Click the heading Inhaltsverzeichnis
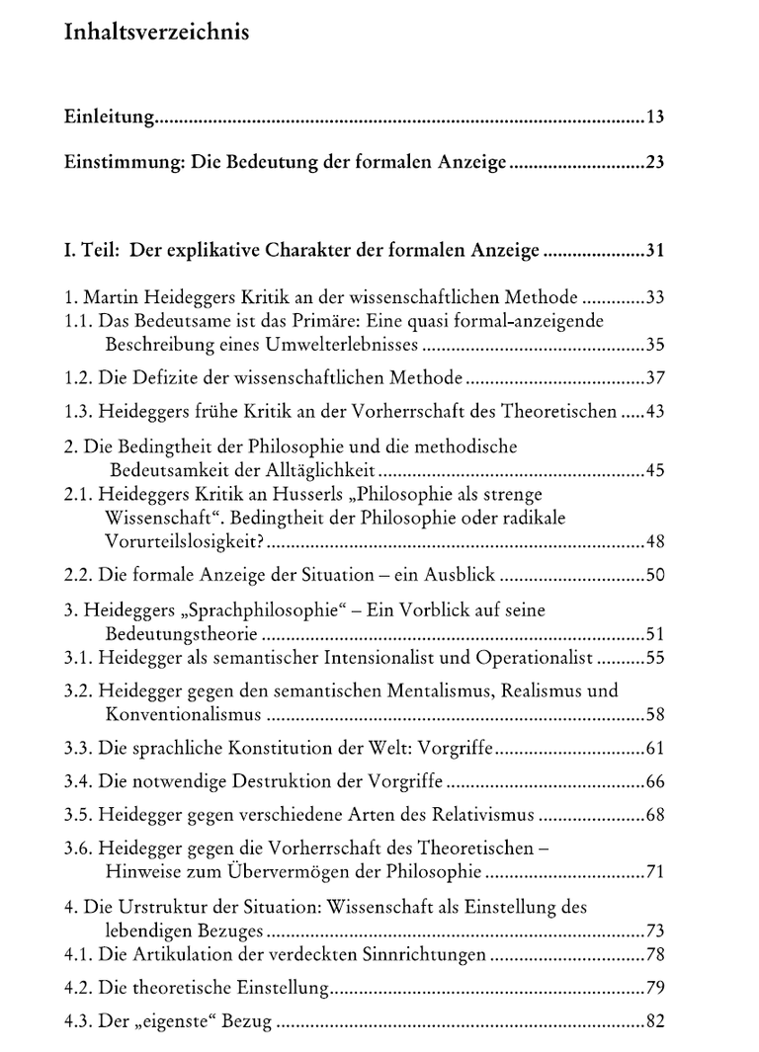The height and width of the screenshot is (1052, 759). click(x=156, y=33)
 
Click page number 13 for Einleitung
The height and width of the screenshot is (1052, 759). click(x=654, y=119)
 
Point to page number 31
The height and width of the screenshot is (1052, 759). click(x=653, y=251)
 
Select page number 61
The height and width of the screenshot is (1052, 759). click(x=653, y=748)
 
